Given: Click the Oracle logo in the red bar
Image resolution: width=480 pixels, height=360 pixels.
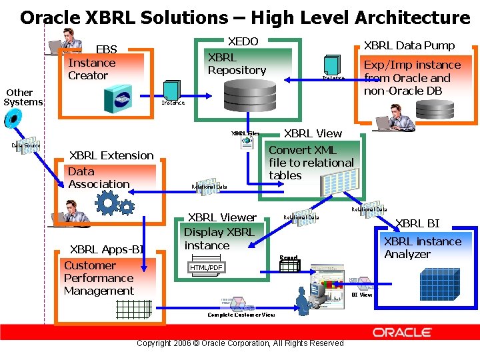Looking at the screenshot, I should click(x=402, y=332).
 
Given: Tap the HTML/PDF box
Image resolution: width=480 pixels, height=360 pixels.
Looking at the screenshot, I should click(x=206, y=268).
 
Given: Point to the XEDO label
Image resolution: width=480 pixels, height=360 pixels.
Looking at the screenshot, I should click(x=243, y=41).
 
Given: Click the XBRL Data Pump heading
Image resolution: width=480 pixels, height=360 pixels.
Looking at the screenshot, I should click(x=409, y=45).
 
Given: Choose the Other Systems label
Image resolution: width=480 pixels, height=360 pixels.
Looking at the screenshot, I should click(x=23, y=97).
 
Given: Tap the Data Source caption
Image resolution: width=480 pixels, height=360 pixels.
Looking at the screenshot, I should click(x=25, y=145).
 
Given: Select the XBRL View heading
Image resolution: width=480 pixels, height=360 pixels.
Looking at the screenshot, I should click(x=313, y=133).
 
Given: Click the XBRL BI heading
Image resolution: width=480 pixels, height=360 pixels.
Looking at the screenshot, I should click(x=417, y=223).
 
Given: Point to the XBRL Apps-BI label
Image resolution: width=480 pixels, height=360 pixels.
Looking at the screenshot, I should click(x=107, y=249).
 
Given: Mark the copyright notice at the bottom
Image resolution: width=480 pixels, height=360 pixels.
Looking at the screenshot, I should click(x=240, y=343).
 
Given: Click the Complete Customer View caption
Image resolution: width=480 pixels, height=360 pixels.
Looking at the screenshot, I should click(x=241, y=315).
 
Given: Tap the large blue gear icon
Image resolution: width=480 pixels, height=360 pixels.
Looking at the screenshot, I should click(x=108, y=201).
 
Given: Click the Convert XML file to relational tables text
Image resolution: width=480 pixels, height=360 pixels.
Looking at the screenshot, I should click(x=311, y=163).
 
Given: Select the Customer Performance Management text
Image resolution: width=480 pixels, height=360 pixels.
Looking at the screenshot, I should click(x=99, y=278).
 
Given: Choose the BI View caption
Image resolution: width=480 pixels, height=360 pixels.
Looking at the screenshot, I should click(x=362, y=295).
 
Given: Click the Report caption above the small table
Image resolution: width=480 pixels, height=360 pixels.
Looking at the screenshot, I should click(x=289, y=257).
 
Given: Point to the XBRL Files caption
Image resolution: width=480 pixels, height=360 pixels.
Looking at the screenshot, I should click(x=245, y=133).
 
